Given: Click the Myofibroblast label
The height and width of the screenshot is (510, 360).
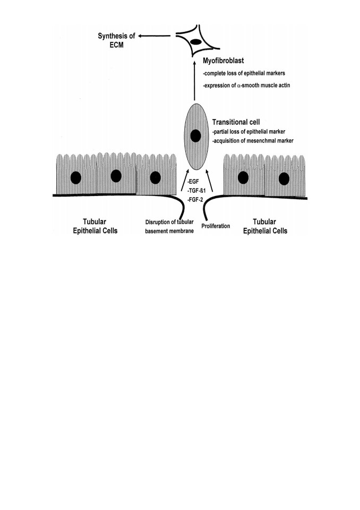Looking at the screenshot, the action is (x=223, y=61).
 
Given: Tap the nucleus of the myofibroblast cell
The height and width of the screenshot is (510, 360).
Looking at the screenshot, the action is (x=195, y=41).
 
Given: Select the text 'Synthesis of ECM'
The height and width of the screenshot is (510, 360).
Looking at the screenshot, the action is (x=116, y=40).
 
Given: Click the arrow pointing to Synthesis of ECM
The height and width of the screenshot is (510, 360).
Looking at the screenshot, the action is (x=155, y=36).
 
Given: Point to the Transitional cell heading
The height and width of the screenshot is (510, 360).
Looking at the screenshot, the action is (x=236, y=122).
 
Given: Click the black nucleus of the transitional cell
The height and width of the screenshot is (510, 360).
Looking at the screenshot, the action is (x=195, y=135).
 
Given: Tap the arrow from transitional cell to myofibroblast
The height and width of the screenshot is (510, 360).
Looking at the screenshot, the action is (x=194, y=80).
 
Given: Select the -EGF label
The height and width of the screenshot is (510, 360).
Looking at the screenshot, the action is (x=193, y=182).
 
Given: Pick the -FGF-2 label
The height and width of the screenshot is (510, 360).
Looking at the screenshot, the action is (x=195, y=200).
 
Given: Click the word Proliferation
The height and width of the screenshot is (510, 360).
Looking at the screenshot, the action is (x=216, y=226).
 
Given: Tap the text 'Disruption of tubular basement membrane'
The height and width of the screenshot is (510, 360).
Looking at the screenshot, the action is (x=169, y=226).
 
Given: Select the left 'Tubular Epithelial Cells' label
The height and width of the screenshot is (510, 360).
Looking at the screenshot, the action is (x=95, y=226).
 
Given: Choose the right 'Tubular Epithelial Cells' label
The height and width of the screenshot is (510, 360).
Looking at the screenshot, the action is (x=265, y=226).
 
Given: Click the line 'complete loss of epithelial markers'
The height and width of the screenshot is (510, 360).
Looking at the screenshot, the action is (x=244, y=73).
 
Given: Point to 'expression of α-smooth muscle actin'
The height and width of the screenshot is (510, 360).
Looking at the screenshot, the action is (x=246, y=85).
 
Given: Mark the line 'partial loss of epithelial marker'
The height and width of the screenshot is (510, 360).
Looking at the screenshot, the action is (x=248, y=132).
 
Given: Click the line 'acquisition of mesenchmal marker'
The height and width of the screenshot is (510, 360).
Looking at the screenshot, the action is (x=253, y=140).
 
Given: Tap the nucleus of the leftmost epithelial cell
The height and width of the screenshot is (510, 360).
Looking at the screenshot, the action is (x=76, y=178).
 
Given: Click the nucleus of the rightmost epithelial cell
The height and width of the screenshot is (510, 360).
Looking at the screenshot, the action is (x=284, y=179).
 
